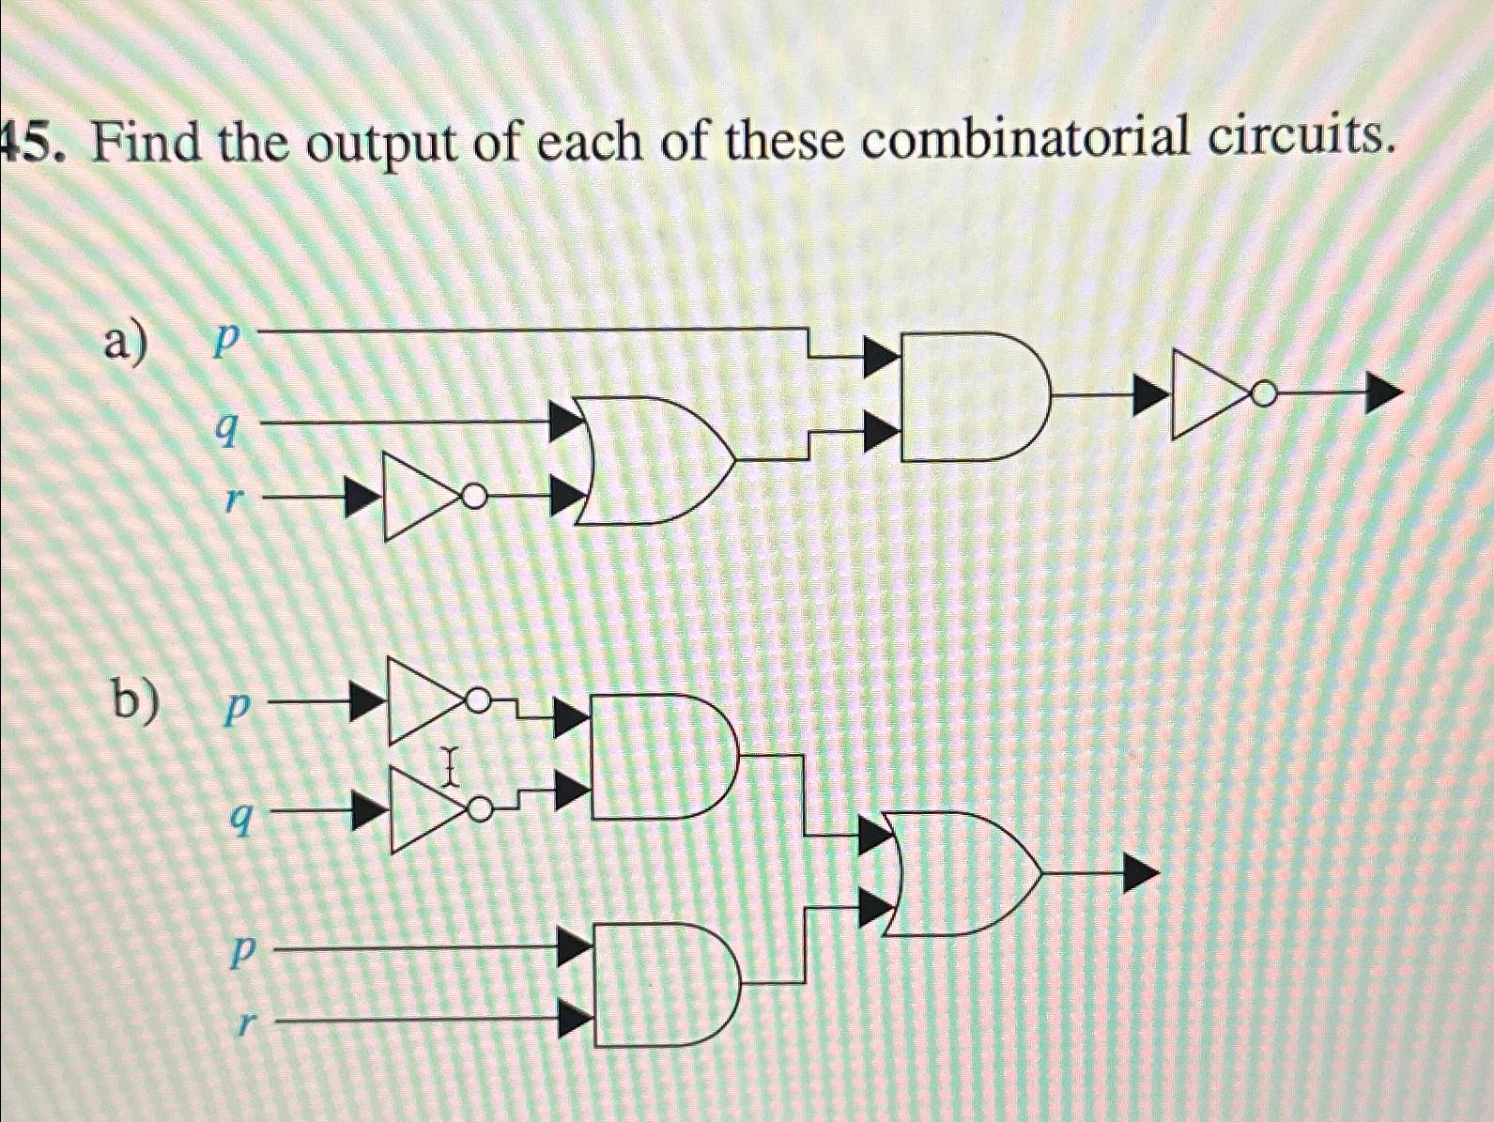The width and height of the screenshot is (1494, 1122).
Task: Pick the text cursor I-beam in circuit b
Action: tap(448, 766)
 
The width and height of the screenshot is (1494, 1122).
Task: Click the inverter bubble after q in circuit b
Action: tap(482, 809)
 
